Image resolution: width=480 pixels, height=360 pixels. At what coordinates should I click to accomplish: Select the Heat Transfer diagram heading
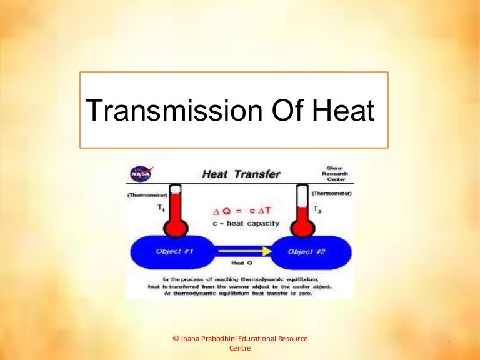point(241,174)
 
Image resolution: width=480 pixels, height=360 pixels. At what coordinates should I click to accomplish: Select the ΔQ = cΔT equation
point(240,211)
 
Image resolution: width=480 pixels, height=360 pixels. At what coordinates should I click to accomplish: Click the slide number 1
point(450,344)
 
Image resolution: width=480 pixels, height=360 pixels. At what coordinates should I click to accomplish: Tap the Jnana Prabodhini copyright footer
point(240,343)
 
